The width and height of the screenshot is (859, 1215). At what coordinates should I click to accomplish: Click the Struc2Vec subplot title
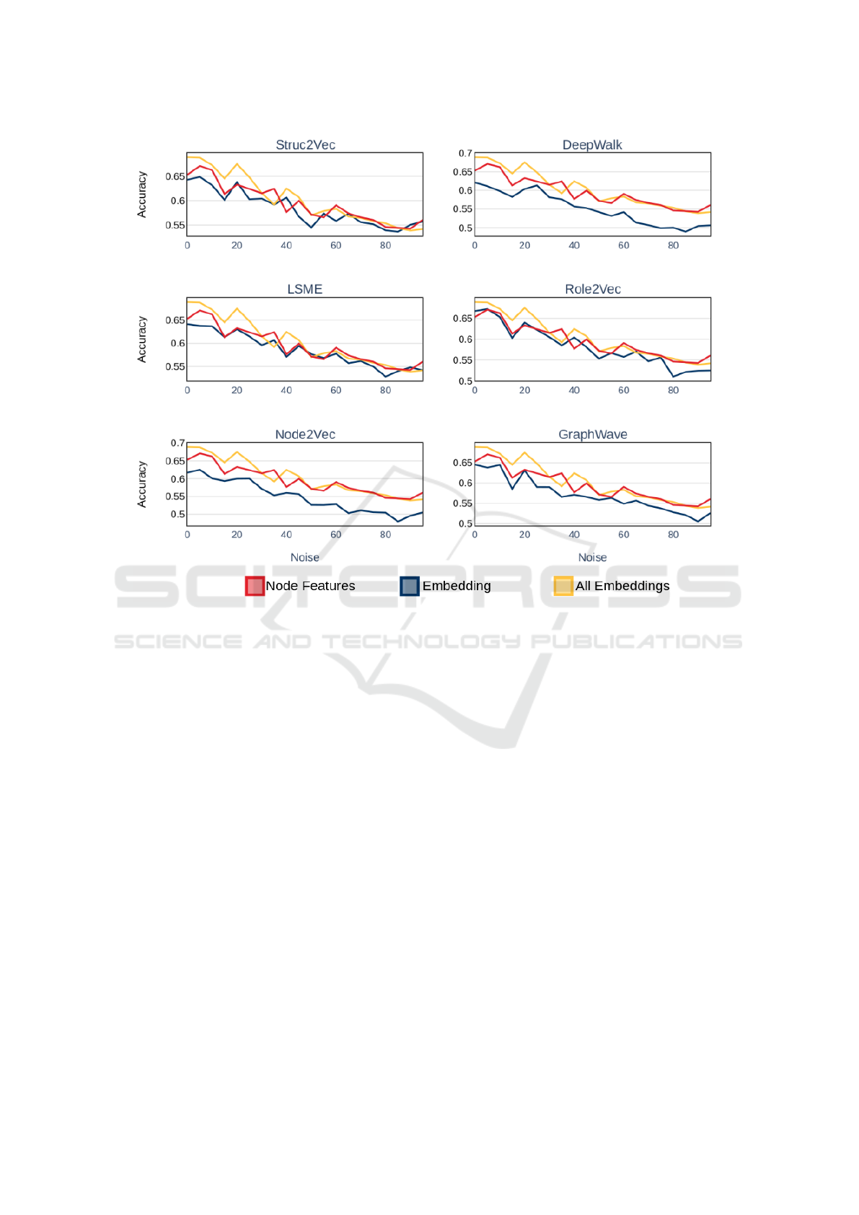click(x=305, y=145)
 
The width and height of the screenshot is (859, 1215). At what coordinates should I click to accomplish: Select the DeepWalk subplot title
click(x=592, y=145)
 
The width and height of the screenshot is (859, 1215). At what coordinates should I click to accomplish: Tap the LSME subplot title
click(x=304, y=289)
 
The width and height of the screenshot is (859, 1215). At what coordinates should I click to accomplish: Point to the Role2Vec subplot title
click(x=592, y=289)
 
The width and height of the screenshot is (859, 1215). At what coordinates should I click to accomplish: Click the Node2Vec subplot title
click(x=305, y=434)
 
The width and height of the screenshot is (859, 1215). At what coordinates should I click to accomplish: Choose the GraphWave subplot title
click(x=592, y=434)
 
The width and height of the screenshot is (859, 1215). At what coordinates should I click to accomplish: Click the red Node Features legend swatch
click(x=255, y=586)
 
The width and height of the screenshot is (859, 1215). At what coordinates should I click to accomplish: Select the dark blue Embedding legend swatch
click(x=410, y=586)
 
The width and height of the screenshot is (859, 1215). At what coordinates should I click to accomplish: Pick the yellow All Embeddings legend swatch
click(x=563, y=586)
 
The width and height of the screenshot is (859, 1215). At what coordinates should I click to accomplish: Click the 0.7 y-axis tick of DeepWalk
click(x=465, y=154)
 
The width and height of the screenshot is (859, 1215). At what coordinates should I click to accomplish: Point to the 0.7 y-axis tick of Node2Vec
click(x=177, y=443)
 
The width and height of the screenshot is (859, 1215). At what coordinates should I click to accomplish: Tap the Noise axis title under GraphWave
click(x=592, y=558)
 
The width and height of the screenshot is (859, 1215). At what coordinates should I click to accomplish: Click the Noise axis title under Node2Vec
click(x=304, y=558)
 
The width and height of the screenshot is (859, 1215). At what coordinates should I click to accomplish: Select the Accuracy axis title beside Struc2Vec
click(x=142, y=194)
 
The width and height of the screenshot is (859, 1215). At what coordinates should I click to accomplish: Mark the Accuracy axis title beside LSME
click(x=142, y=339)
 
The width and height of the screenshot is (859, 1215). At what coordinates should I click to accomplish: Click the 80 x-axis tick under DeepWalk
click(x=673, y=245)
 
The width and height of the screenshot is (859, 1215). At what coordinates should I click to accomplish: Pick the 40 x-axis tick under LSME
click(x=286, y=390)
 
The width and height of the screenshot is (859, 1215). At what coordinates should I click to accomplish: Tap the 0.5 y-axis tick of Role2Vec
click(x=465, y=381)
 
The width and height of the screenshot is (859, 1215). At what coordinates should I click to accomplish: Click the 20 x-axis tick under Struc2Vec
click(x=237, y=245)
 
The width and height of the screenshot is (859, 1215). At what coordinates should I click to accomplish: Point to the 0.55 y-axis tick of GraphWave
click(x=462, y=504)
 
